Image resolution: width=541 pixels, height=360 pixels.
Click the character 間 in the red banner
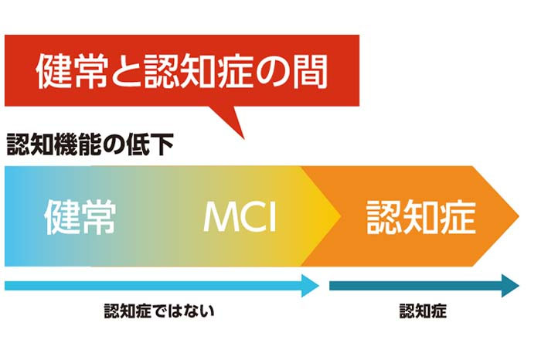[x=310, y=72]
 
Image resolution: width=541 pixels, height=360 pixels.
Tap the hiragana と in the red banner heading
[x=126, y=73]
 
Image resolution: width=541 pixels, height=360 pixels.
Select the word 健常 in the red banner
[x=72, y=72]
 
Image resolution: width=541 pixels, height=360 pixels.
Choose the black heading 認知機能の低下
[x=90, y=144]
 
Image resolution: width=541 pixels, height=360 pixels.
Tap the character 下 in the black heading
[x=162, y=144]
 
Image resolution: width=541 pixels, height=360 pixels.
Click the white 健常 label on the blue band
[x=80, y=217]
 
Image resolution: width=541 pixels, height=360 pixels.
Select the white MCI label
[x=240, y=217]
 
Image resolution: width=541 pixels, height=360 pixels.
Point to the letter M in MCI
[x=220, y=217]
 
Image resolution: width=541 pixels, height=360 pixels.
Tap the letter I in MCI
[x=273, y=217]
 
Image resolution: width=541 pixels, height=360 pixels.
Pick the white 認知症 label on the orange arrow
[x=421, y=217]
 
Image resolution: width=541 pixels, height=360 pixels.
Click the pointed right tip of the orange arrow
[x=519, y=216]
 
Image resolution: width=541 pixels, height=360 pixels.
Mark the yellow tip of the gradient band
[x=339, y=216]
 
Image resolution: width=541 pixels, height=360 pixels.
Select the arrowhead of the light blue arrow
[x=311, y=286]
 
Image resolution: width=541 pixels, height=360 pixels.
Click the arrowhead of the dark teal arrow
[x=511, y=286]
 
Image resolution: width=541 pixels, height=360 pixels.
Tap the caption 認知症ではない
[x=159, y=311]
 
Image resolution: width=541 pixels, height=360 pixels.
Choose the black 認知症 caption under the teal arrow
[x=423, y=311]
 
